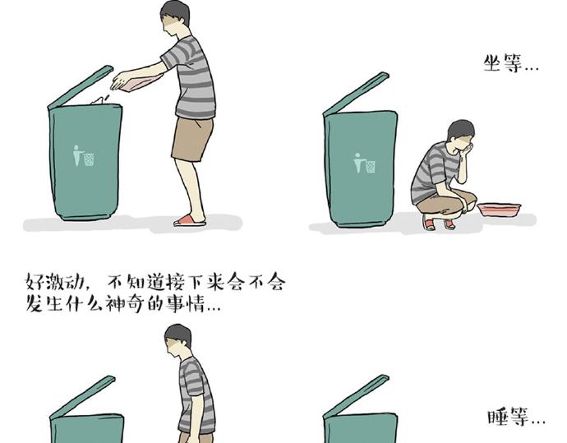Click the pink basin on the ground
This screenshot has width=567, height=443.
[499, 210]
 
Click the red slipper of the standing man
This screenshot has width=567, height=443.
[190, 220]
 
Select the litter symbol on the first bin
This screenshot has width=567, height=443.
[83, 155]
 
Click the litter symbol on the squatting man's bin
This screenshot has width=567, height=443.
[364, 163]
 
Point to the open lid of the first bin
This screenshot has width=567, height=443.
[81, 87]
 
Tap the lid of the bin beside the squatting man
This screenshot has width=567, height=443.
[356, 94]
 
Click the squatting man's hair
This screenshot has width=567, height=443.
[460, 129]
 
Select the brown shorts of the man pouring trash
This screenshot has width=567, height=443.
[192, 139]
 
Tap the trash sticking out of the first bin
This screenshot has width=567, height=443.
[99, 100]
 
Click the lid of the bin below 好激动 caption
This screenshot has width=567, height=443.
[82, 397]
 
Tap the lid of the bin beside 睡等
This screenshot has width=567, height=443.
[356, 397]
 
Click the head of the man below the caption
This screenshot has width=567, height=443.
[178, 340]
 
